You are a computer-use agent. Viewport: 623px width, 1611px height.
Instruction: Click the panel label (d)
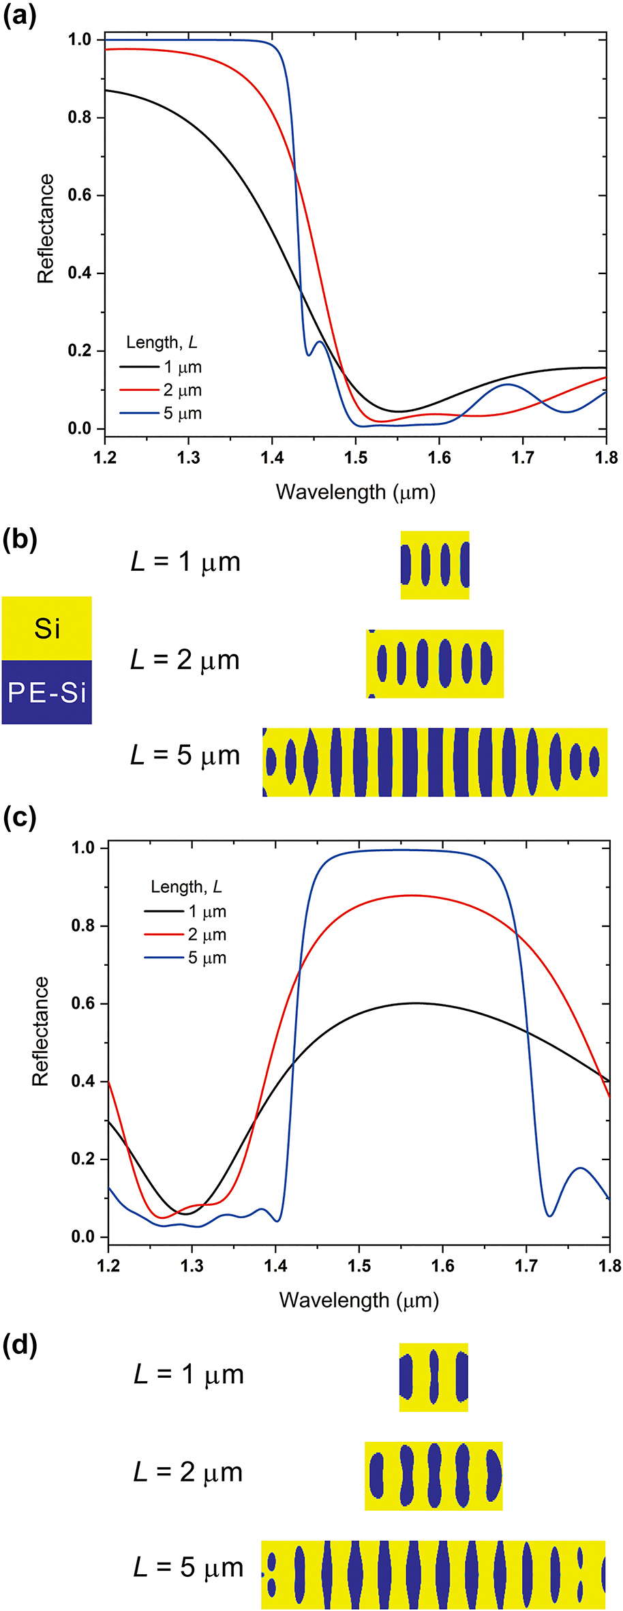[x=19, y=1345]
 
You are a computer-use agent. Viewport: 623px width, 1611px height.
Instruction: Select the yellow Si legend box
[x=46, y=627]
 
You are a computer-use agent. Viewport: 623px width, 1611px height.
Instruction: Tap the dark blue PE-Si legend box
[x=46, y=692]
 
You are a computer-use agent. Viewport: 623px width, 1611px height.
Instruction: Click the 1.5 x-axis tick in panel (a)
[x=355, y=457]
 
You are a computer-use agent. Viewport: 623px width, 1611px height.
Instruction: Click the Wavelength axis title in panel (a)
[x=355, y=492]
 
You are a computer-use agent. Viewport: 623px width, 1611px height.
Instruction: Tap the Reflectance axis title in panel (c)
[x=41, y=1031]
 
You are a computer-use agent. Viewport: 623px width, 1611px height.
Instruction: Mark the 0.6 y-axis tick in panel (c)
[x=82, y=1004]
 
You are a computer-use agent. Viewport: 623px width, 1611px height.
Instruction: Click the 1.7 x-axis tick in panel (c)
[x=526, y=1266]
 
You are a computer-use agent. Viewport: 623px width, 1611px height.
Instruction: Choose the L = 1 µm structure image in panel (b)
[x=435, y=565]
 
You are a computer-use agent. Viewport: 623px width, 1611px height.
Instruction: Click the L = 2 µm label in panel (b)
[x=185, y=660]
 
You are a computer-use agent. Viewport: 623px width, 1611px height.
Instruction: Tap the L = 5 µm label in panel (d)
[x=188, y=1567]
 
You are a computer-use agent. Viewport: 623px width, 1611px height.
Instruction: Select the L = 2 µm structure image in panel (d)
[x=434, y=1476]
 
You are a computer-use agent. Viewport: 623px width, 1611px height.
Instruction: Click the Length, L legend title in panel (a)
[x=162, y=342]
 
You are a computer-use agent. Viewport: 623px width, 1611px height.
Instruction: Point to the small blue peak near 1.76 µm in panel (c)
[x=579, y=1168]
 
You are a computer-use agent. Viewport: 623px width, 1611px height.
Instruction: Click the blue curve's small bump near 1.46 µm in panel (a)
[x=319, y=342]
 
